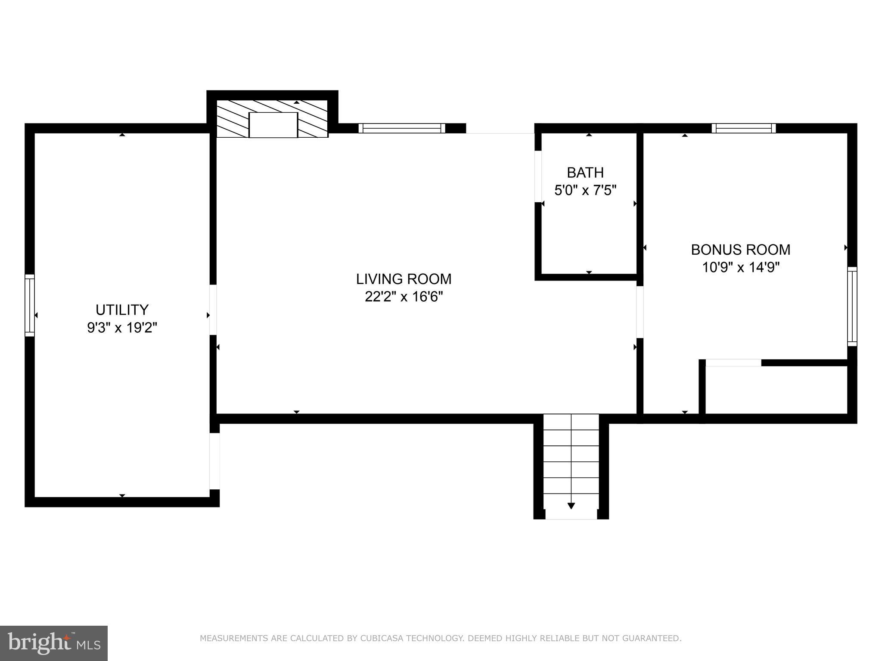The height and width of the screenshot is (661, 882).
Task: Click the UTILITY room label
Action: (x=122, y=310)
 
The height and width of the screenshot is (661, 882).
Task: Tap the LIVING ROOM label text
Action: (x=404, y=279)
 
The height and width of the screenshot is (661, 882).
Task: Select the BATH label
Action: (x=585, y=173)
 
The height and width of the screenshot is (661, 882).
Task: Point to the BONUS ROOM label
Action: (x=740, y=250)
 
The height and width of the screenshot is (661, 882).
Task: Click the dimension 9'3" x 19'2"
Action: (x=122, y=328)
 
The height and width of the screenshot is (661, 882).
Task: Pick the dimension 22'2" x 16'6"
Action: (x=404, y=297)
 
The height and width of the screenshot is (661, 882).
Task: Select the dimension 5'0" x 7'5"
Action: (x=585, y=190)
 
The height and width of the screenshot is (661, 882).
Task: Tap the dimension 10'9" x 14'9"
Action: (x=740, y=268)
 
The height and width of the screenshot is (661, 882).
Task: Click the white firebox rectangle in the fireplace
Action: (x=273, y=125)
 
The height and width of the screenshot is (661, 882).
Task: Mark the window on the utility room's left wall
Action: (x=29, y=306)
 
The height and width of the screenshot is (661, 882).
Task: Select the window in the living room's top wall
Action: (x=401, y=128)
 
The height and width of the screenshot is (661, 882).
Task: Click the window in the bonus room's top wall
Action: (x=743, y=128)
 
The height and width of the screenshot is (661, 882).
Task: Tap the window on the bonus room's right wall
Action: (x=852, y=306)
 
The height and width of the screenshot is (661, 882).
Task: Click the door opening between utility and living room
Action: (x=213, y=310)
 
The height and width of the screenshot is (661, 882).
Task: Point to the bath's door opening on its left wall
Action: (x=538, y=176)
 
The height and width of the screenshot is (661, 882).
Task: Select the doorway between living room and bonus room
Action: (x=640, y=312)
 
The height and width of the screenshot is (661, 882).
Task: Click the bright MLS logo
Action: (x=53, y=643)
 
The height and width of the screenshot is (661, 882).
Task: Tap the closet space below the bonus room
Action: (x=775, y=390)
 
